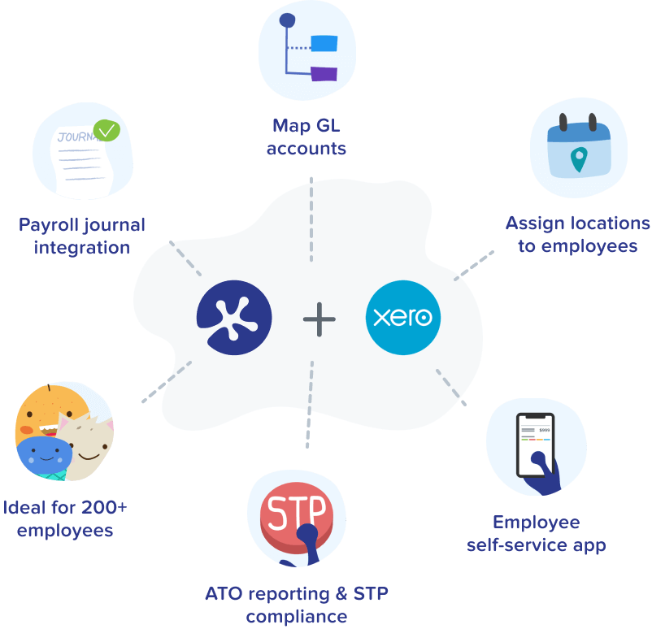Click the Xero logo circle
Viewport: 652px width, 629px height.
coord(403,317)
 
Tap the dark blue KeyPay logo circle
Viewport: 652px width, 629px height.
coord(233,317)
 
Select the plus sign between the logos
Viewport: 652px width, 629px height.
coord(319,319)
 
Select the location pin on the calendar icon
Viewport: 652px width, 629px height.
coord(578,158)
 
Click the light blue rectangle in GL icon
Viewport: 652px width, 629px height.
coord(325,44)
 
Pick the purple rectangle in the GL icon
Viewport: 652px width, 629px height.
coord(324,74)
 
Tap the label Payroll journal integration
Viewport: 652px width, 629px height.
coord(81,236)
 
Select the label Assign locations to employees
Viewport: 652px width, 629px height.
coord(577,234)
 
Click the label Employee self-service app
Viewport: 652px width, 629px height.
coord(537,533)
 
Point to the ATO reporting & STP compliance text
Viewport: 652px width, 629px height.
coord(297,605)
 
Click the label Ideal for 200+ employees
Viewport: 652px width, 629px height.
coord(65,519)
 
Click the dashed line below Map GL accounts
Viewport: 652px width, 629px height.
coord(311,219)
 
